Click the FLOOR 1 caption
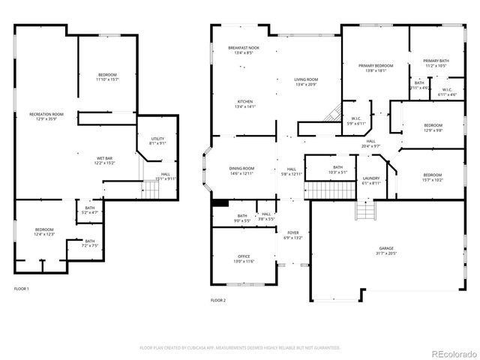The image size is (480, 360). [x=21, y=289]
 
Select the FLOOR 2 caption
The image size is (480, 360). [x=217, y=300]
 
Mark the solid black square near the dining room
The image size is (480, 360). [x=220, y=202]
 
